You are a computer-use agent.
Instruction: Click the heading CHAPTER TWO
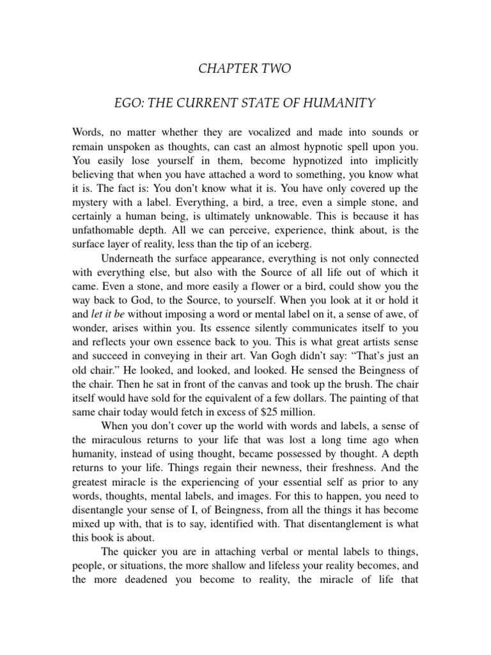245,69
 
